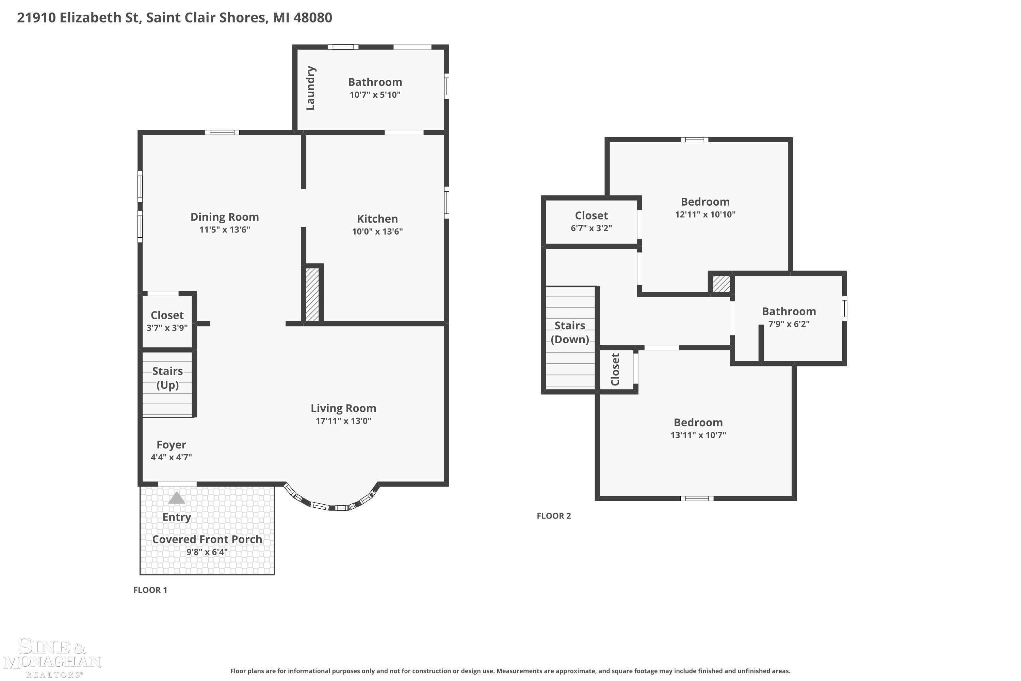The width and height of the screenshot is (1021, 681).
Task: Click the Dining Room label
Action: (224, 217)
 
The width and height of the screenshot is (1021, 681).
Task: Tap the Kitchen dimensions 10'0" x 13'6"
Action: (377, 231)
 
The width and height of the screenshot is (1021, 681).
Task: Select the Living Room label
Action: (343, 408)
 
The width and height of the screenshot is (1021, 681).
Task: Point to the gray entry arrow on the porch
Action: (176, 498)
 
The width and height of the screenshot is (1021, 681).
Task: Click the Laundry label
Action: (310, 88)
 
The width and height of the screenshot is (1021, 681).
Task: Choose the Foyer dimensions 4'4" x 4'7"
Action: (172, 457)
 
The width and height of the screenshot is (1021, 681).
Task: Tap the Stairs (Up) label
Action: (167, 378)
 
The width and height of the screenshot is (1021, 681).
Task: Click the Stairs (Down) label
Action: (570, 332)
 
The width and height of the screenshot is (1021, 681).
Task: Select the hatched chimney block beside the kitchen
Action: (312, 295)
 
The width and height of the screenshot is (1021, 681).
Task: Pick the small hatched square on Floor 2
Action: (721, 284)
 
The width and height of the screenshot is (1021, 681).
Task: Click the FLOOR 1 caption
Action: (150, 590)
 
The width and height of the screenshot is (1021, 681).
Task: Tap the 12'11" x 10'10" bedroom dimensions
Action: (705, 214)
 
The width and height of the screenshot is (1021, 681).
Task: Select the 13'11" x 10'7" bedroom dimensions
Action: (698, 435)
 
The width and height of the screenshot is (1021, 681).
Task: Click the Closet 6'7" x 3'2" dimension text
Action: (591, 228)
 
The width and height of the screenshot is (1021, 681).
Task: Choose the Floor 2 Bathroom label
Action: (789, 312)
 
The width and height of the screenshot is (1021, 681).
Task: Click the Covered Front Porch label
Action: (207, 539)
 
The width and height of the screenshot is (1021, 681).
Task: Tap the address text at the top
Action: (175, 18)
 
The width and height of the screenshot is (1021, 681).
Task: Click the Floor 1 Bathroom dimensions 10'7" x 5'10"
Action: (375, 95)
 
